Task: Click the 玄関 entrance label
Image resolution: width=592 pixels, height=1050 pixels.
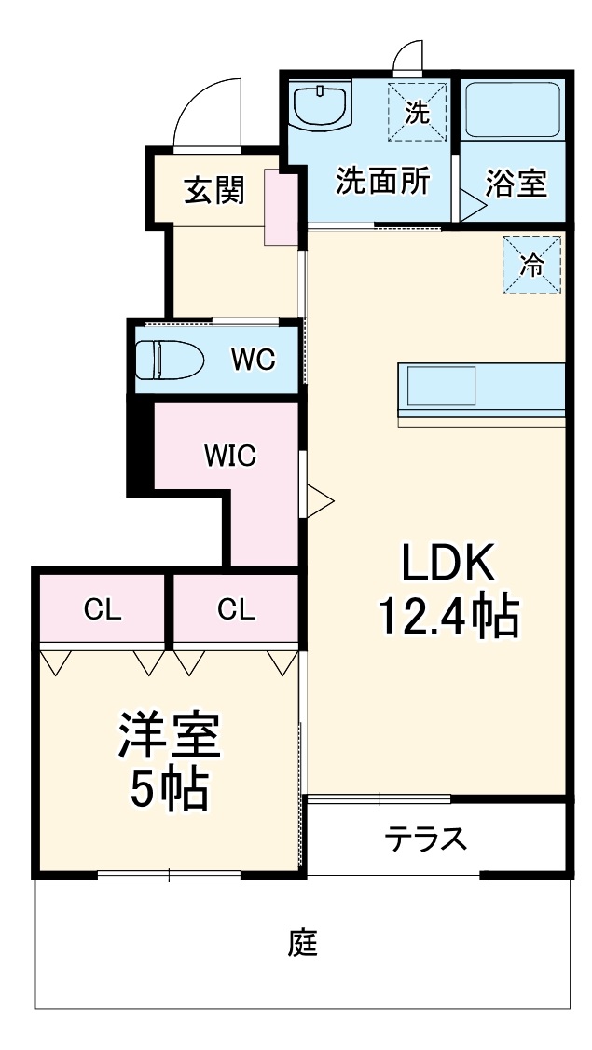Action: [214, 190]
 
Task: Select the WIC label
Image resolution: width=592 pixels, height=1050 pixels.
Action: [230, 457]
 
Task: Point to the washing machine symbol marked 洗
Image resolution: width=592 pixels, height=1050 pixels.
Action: [417, 112]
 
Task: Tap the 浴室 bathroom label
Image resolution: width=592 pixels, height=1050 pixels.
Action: [515, 184]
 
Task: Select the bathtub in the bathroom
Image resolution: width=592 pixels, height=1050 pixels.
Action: [513, 110]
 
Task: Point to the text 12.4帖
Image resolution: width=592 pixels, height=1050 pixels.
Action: [448, 616]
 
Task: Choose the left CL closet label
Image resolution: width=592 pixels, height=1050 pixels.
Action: [103, 609]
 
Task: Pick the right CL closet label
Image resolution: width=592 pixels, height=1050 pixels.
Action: [236, 609]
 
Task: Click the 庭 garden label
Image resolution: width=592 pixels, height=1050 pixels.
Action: [303, 943]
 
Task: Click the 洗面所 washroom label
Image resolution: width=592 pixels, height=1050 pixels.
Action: [382, 181]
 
